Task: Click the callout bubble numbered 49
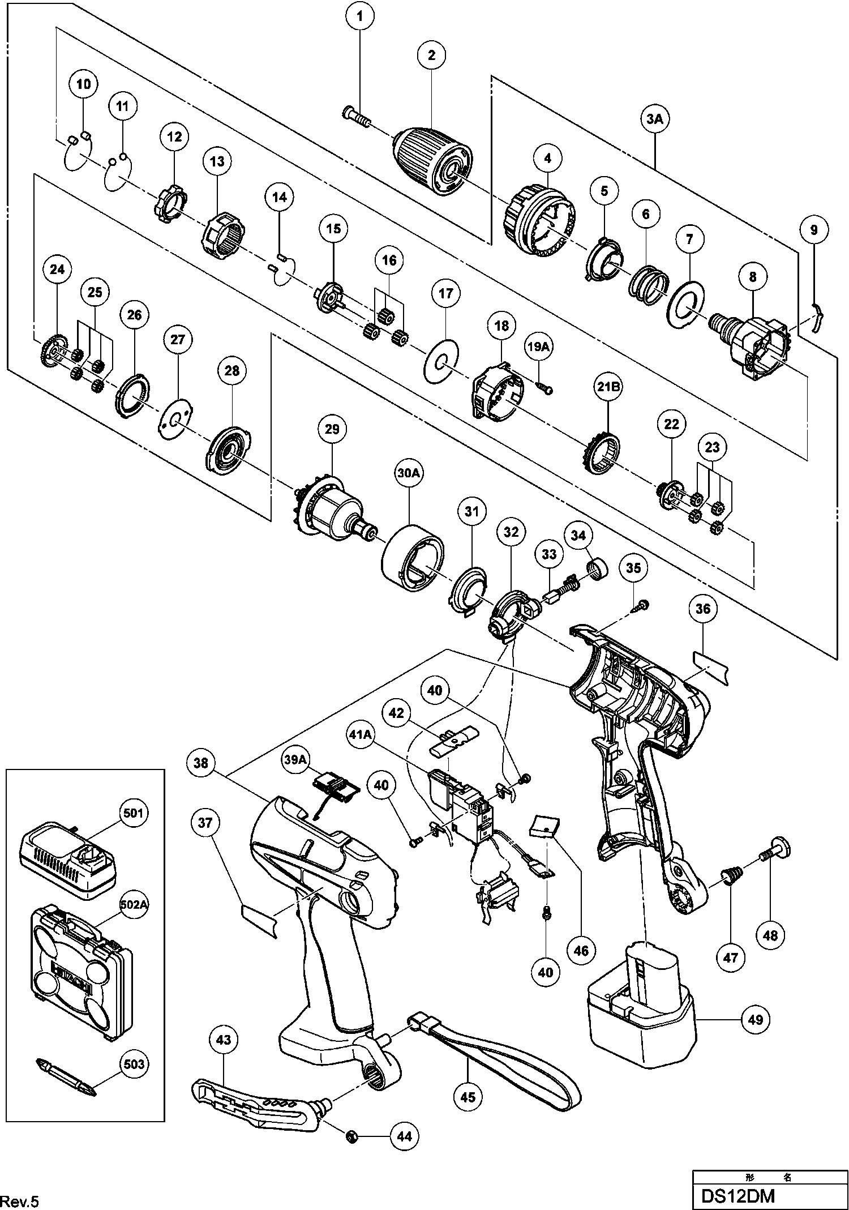click(756, 1020)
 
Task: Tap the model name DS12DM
click(737, 1196)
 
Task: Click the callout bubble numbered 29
click(332, 429)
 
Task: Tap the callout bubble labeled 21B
click(607, 387)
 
